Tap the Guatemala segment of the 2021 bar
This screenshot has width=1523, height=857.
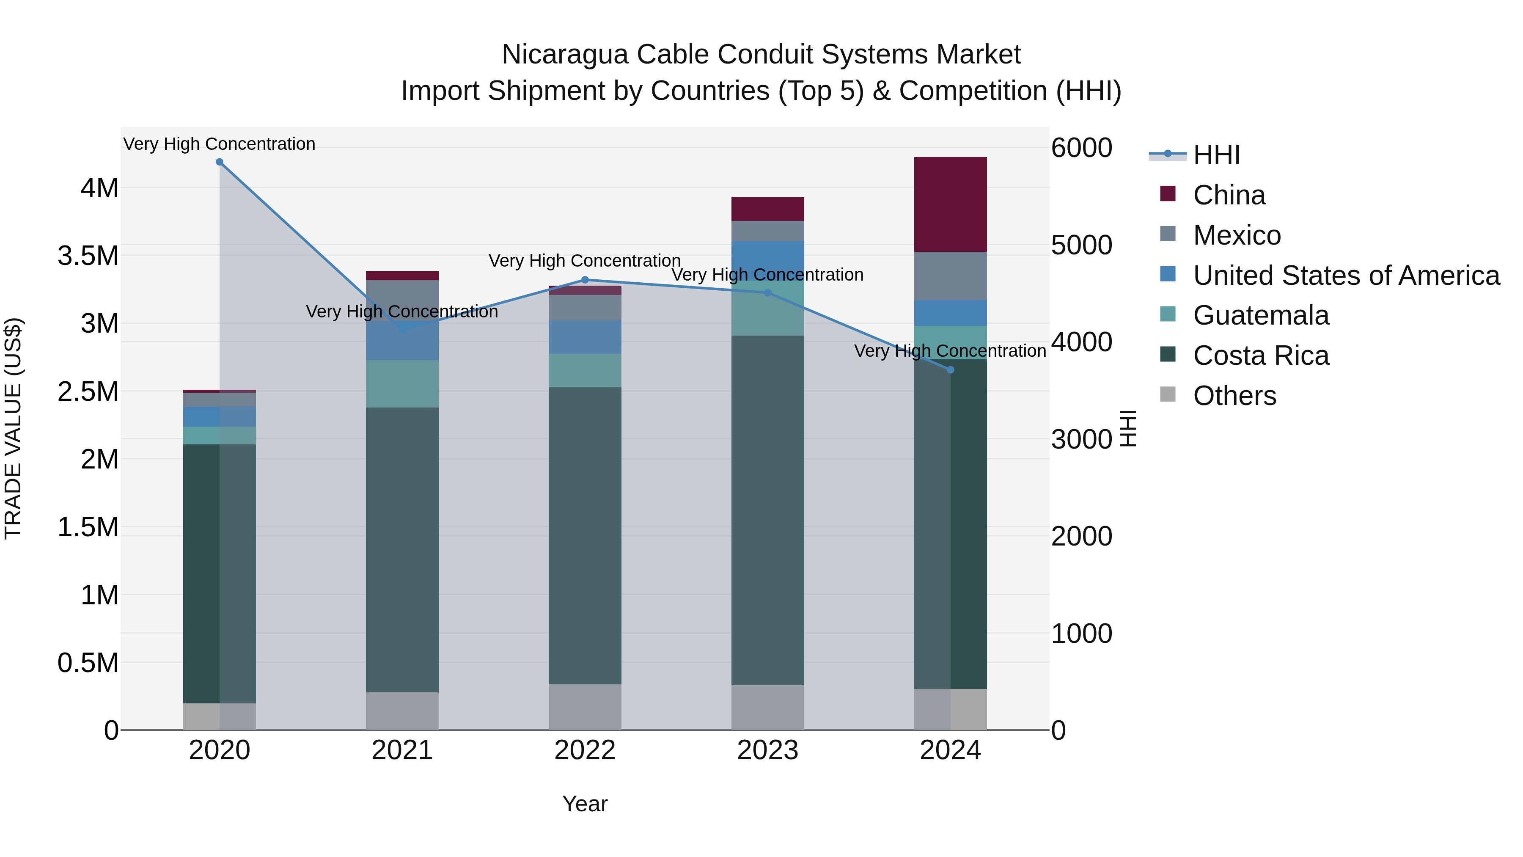[402, 383]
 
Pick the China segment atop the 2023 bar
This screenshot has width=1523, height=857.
[767, 209]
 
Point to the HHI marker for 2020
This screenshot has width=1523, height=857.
[219, 162]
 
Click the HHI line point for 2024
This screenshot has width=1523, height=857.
[950, 369]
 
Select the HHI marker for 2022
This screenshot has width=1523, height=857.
[585, 280]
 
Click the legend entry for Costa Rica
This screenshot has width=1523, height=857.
[1261, 355]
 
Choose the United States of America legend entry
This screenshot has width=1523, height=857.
[1346, 276]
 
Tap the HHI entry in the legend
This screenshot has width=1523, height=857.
[1215, 155]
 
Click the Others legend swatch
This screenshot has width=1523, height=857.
[1168, 394]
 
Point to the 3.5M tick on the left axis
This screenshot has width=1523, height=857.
[88, 256]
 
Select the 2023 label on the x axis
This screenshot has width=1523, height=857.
[767, 750]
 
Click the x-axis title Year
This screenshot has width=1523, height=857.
[585, 804]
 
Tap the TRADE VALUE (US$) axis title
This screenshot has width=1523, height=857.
[13, 428]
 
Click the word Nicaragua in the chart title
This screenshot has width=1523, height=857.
[565, 55]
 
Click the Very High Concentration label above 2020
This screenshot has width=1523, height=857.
[219, 144]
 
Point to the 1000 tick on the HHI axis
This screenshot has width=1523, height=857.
[1081, 634]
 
